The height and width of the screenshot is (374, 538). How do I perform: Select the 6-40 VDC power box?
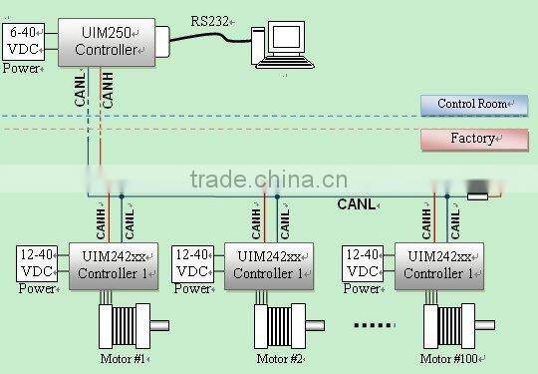[x=23, y=41]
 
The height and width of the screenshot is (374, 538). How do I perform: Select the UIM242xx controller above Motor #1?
[x=112, y=265]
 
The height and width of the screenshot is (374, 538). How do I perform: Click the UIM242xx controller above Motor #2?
[x=267, y=265]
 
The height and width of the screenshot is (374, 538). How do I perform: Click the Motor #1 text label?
[x=123, y=359]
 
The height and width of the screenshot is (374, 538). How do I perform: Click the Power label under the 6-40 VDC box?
[x=21, y=68]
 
